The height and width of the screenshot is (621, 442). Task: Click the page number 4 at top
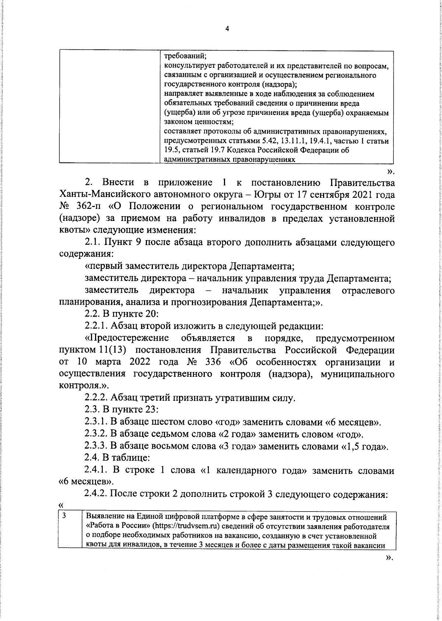227,29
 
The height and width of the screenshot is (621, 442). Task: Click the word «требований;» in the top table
185,57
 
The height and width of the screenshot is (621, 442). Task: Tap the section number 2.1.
93,242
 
